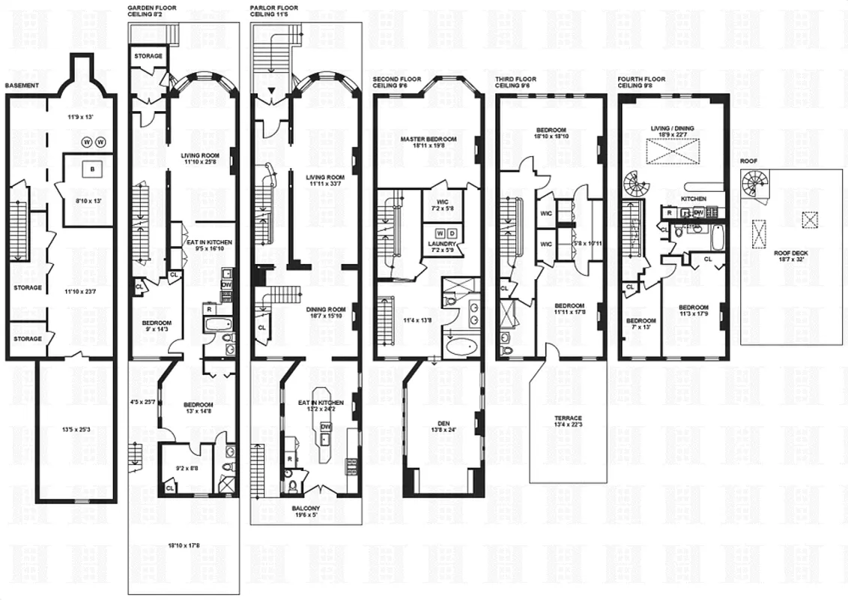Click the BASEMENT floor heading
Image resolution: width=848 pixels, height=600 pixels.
pyautogui.click(x=17, y=85)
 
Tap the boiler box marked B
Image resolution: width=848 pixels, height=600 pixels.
pyautogui.click(x=93, y=169)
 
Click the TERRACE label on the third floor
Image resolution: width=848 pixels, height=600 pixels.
pyautogui.click(x=569, y=418)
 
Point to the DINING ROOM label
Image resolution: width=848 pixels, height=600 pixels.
pyautogui.click(x=325, y=308)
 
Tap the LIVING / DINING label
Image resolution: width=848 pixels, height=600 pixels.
pyautogui.click(x=673, y=128)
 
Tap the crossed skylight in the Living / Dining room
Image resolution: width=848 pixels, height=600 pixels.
pyautogui.click(x=672, y=153)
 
